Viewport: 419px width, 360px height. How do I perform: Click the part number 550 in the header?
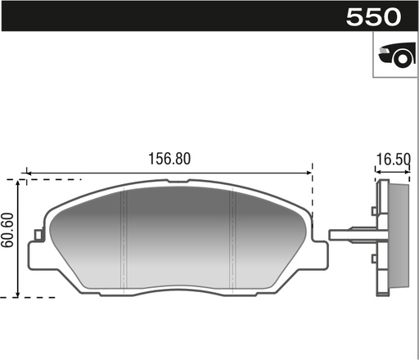[373, 17]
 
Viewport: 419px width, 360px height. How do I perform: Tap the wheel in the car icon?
[401, 58]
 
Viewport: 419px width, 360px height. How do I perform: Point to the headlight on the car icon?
[384, 54]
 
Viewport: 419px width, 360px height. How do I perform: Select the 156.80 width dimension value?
[169, 160]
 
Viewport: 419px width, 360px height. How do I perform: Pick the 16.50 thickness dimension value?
[393, 160]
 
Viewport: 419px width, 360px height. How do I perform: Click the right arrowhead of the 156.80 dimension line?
[309, 173]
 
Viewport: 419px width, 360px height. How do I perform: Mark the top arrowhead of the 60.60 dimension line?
[18, 182]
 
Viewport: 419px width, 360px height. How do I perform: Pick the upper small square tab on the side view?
[374, 212]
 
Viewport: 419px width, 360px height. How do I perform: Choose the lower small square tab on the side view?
[374, 259]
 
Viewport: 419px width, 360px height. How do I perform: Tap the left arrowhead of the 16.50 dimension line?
[377, 173]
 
